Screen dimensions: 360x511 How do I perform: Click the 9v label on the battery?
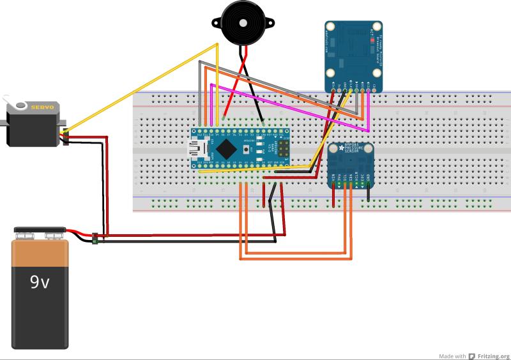click(39, 281)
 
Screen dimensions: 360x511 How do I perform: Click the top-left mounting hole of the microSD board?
click(331, 27)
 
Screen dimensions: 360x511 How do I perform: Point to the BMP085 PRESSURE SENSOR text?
click(355, 151)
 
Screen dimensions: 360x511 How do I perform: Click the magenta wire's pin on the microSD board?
click(368, 90)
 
